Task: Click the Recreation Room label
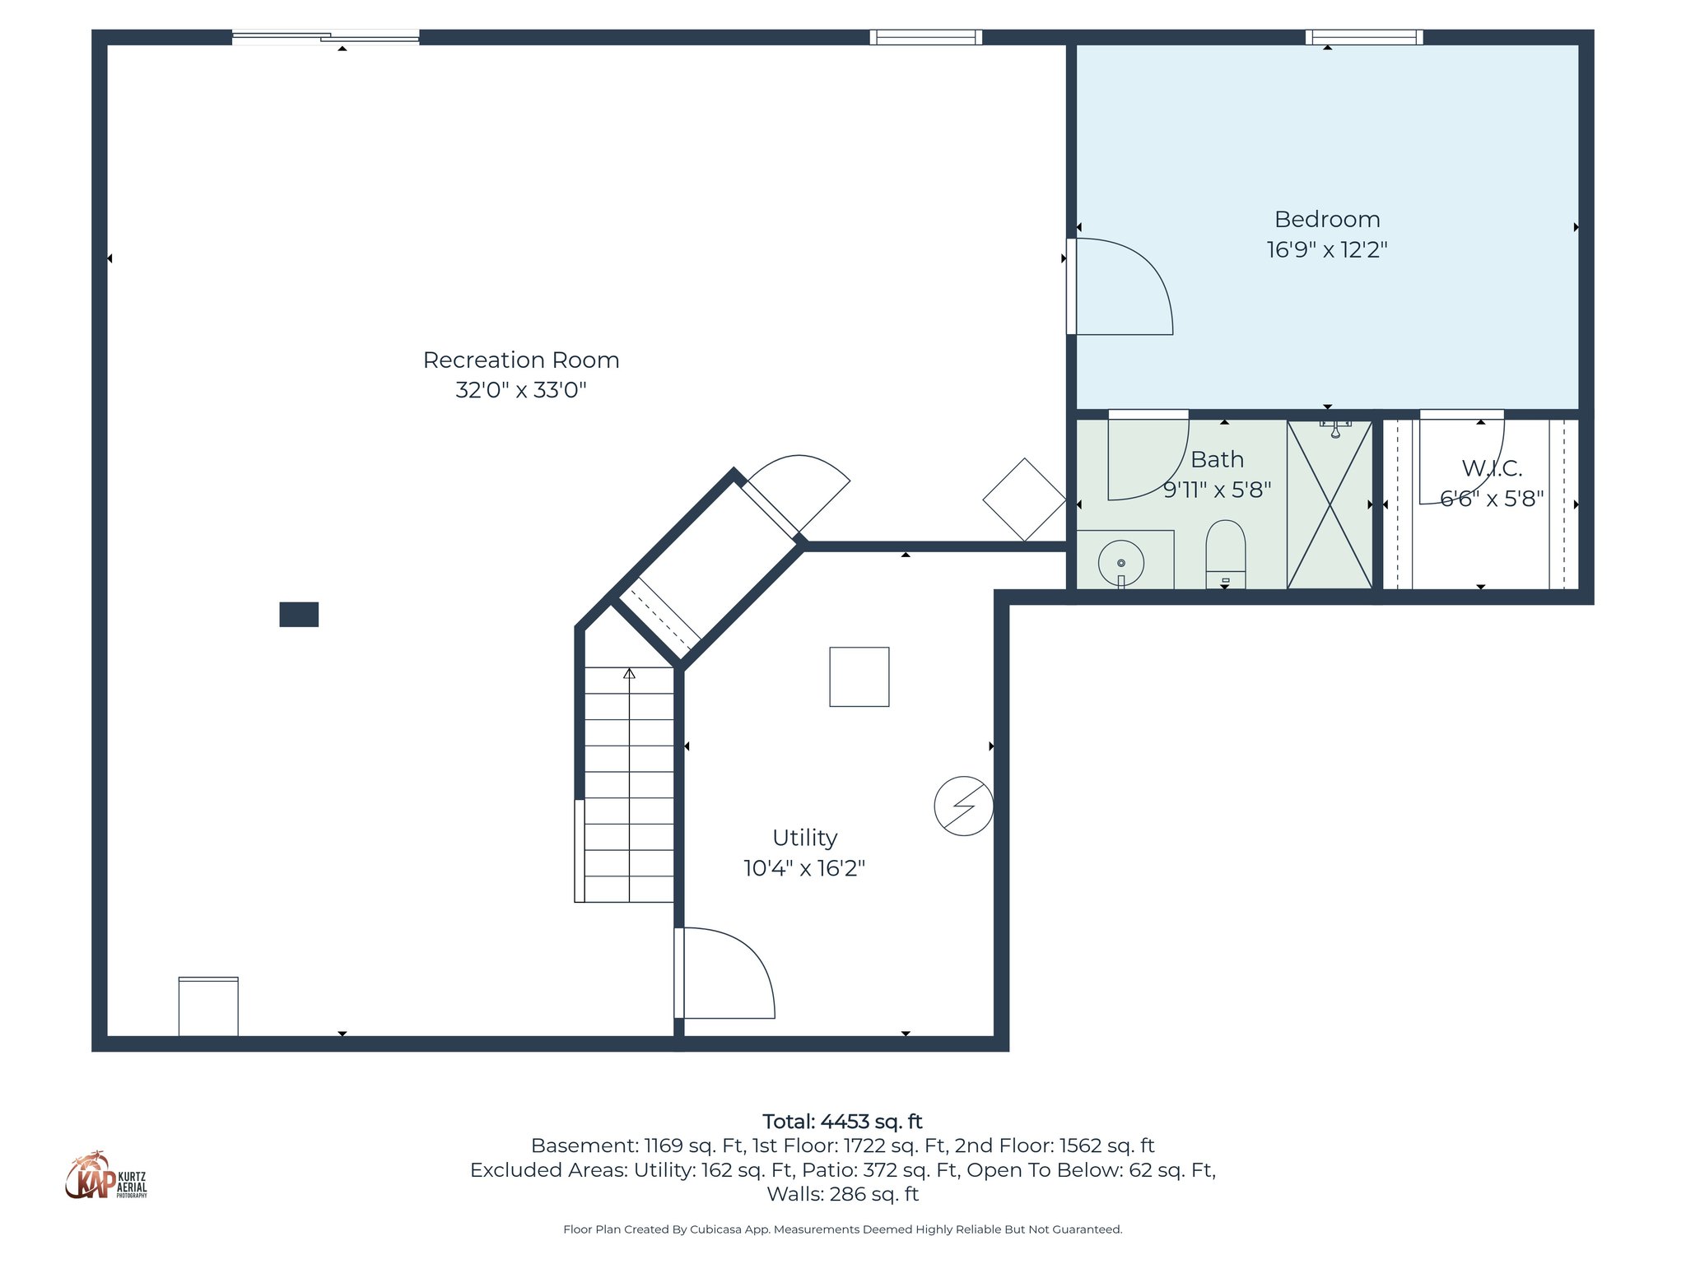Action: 520,360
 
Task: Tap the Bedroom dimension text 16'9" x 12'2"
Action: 1326,249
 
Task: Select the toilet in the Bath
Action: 1225,553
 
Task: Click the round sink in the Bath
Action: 1120,563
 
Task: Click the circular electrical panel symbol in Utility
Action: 963,806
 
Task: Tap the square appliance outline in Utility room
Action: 859,676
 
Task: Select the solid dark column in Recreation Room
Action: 299,615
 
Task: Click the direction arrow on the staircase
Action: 629,674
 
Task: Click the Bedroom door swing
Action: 1121,287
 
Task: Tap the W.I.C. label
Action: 1491,468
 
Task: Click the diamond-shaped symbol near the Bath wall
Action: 1023,500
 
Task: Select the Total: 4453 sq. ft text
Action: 841,1122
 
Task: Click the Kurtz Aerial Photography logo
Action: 105,1177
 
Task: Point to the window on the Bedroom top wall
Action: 1364,37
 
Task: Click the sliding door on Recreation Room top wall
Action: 325,36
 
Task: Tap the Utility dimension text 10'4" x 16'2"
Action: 803,868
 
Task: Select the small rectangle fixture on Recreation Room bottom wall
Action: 208,1006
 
